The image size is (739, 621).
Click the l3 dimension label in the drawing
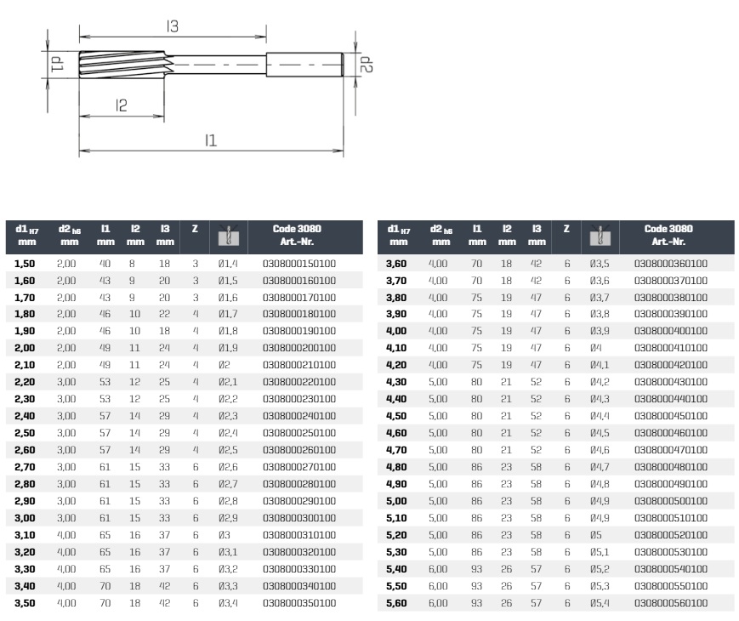(x=173, y=26)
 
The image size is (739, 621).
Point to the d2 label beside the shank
(x=367, y=65)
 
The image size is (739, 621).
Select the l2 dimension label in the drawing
(x=121, y=105)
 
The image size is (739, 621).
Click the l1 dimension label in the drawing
(x=211, y=140)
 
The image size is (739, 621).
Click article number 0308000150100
(x=299, y=264)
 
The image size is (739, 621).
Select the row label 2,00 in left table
(x=25, y=348)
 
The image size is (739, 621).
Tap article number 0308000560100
(x=671, y=603)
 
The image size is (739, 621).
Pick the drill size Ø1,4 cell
(x=228, y=264)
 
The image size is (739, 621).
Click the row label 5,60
(x=396, y=603)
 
